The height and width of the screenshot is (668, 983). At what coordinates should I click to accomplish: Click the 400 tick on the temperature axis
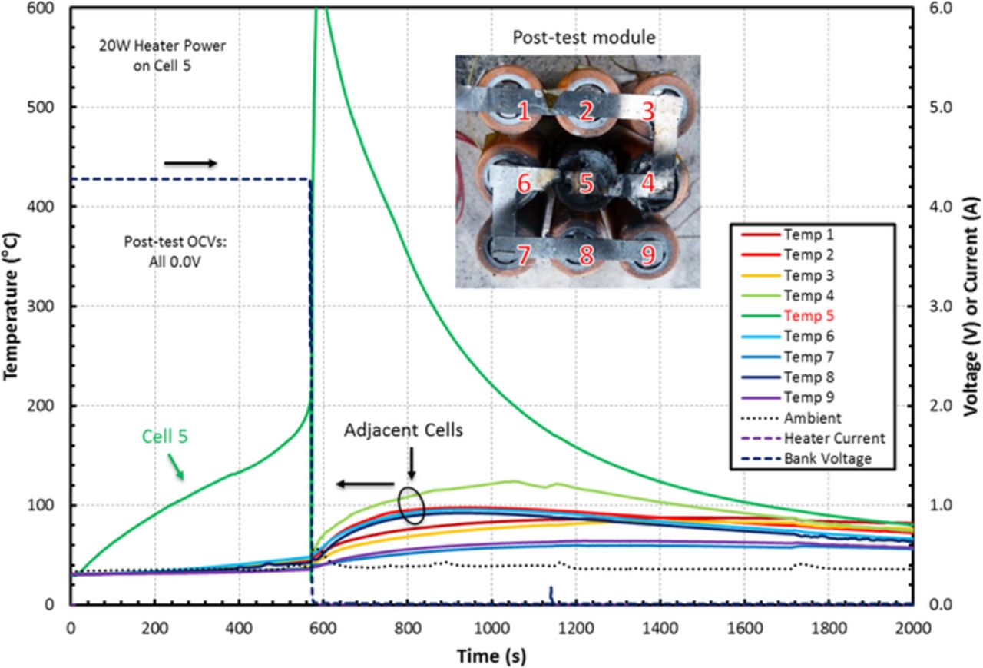(x=47, y=207)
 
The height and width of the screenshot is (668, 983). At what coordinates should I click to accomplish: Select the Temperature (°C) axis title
(x=12, y=307)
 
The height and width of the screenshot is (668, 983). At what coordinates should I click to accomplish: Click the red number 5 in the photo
(x=587, y=184)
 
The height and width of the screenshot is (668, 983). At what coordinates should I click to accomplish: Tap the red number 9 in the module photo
(x=649, y=255)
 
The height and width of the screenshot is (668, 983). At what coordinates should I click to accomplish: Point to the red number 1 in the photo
(x=524, y=113)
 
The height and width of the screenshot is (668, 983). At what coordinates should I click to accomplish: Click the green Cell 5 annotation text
(x=164, y=437)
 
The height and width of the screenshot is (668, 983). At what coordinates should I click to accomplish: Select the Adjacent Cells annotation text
(x=403, y=430)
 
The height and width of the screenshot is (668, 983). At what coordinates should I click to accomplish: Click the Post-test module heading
(x=587, y=36)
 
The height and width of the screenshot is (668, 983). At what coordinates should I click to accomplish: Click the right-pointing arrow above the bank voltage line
(x=191, y=162)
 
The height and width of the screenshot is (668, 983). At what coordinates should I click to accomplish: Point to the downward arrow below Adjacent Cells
(x=412, y=464)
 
